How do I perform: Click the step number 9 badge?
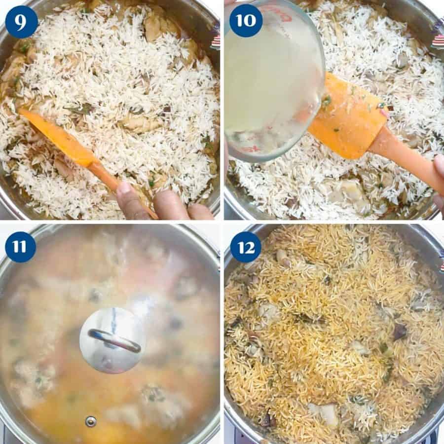click(21, 22)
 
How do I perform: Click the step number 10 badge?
click(246, 21)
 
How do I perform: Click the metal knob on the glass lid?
click(113, 340)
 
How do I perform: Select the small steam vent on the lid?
click(90, 421)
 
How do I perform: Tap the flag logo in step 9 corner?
click(215, 42)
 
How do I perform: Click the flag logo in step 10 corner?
click(438, 35)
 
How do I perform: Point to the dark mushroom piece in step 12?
click(400, 332)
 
